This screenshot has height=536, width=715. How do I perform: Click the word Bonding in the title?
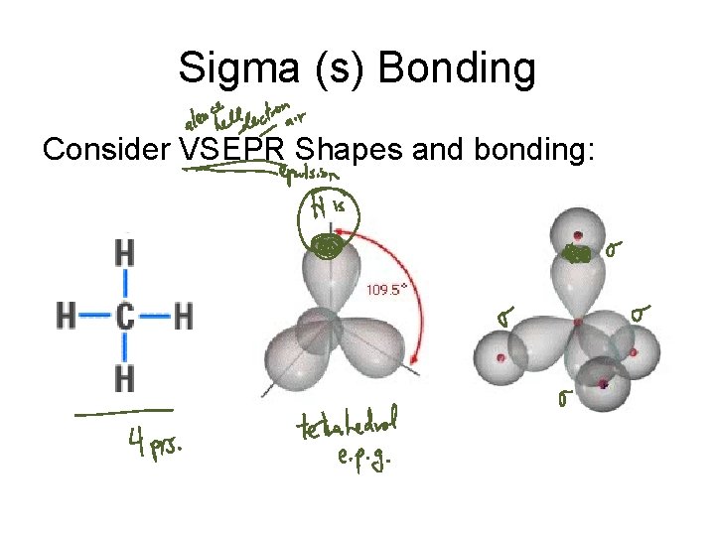tap(457, 68)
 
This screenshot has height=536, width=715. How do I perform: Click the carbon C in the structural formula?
tap(124, 317)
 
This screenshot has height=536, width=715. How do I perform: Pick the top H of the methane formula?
tap(124, 253)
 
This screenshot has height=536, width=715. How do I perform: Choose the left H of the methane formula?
tap(66, 317)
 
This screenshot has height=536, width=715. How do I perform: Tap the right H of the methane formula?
tap(183, 317)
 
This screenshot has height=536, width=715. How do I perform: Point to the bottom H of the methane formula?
tap(124, 377)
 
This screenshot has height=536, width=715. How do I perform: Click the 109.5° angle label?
tap(387, 290)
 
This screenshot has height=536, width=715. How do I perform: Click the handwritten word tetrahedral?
tap(347, 427)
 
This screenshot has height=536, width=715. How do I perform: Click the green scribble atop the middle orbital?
tap(323, 244)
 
